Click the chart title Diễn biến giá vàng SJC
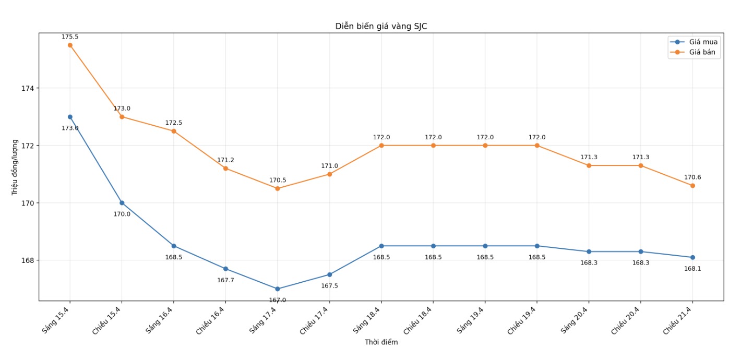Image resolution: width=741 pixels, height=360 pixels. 381,27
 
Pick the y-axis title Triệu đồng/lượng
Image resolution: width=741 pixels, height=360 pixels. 15,167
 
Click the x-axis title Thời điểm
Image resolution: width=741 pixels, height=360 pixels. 381,342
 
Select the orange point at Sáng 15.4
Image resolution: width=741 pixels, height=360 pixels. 70,45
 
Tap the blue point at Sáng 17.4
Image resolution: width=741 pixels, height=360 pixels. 278,289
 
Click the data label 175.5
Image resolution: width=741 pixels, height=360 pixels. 70,37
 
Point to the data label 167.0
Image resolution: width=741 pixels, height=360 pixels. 278,300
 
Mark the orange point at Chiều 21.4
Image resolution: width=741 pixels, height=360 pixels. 692,186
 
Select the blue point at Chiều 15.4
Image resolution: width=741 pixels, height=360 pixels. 122,203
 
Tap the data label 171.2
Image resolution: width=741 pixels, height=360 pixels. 225,160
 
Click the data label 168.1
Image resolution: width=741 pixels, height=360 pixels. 692,269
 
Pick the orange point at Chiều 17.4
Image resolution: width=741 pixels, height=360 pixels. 329,174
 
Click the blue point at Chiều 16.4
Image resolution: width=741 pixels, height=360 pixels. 225,269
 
